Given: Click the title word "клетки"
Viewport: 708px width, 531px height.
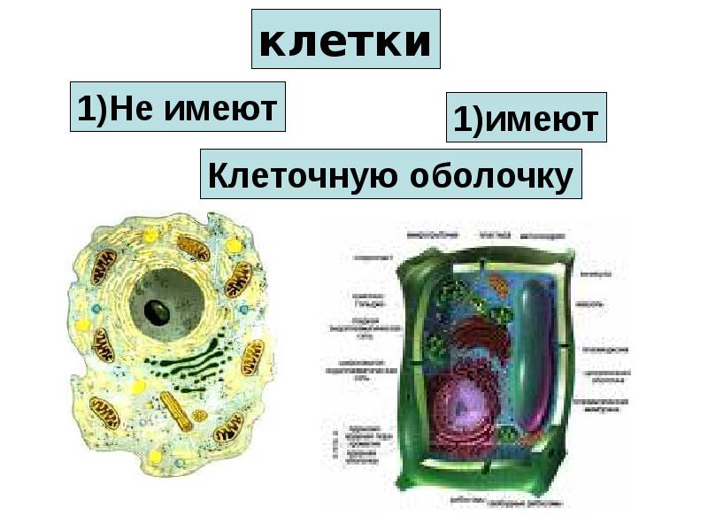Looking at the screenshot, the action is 346,41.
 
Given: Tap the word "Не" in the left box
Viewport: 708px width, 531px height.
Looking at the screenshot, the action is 130,108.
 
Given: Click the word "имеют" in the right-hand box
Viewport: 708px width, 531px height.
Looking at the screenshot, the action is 539,119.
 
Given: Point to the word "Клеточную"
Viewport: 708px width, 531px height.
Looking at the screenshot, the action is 302,175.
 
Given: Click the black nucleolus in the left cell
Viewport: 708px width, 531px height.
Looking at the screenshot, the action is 158,312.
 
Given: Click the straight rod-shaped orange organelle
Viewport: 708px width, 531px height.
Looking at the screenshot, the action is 177,412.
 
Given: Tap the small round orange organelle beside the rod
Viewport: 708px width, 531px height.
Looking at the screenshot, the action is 201,415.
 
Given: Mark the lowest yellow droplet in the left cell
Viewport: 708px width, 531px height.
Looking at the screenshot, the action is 156,457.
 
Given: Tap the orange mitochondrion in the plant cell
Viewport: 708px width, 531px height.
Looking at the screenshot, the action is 499,285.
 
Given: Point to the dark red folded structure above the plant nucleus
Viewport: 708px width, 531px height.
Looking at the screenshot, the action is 479,341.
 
